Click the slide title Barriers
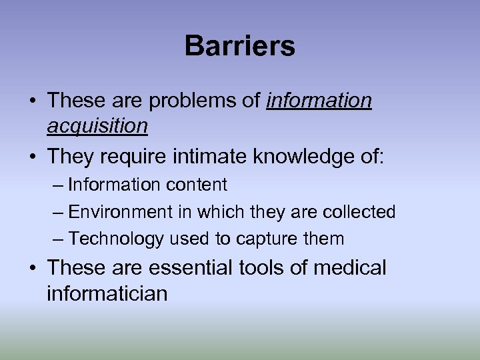(240, 47)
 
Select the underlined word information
(319, 101)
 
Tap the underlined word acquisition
(97, 125)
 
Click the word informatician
(107, 293)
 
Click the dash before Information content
(58, 185)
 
